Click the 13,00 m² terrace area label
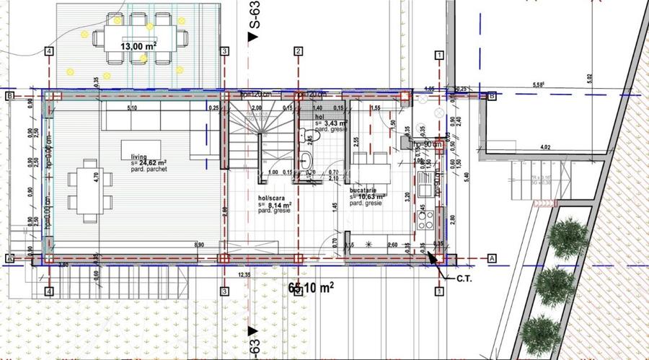point(137,46)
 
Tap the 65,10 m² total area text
point(311,288)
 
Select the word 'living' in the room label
point(138,157)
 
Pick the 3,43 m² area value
point(337,123)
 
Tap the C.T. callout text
point(464,277)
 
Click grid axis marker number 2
point(297,51)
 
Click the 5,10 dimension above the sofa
point(132,108)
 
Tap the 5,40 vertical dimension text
point(467,175)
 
